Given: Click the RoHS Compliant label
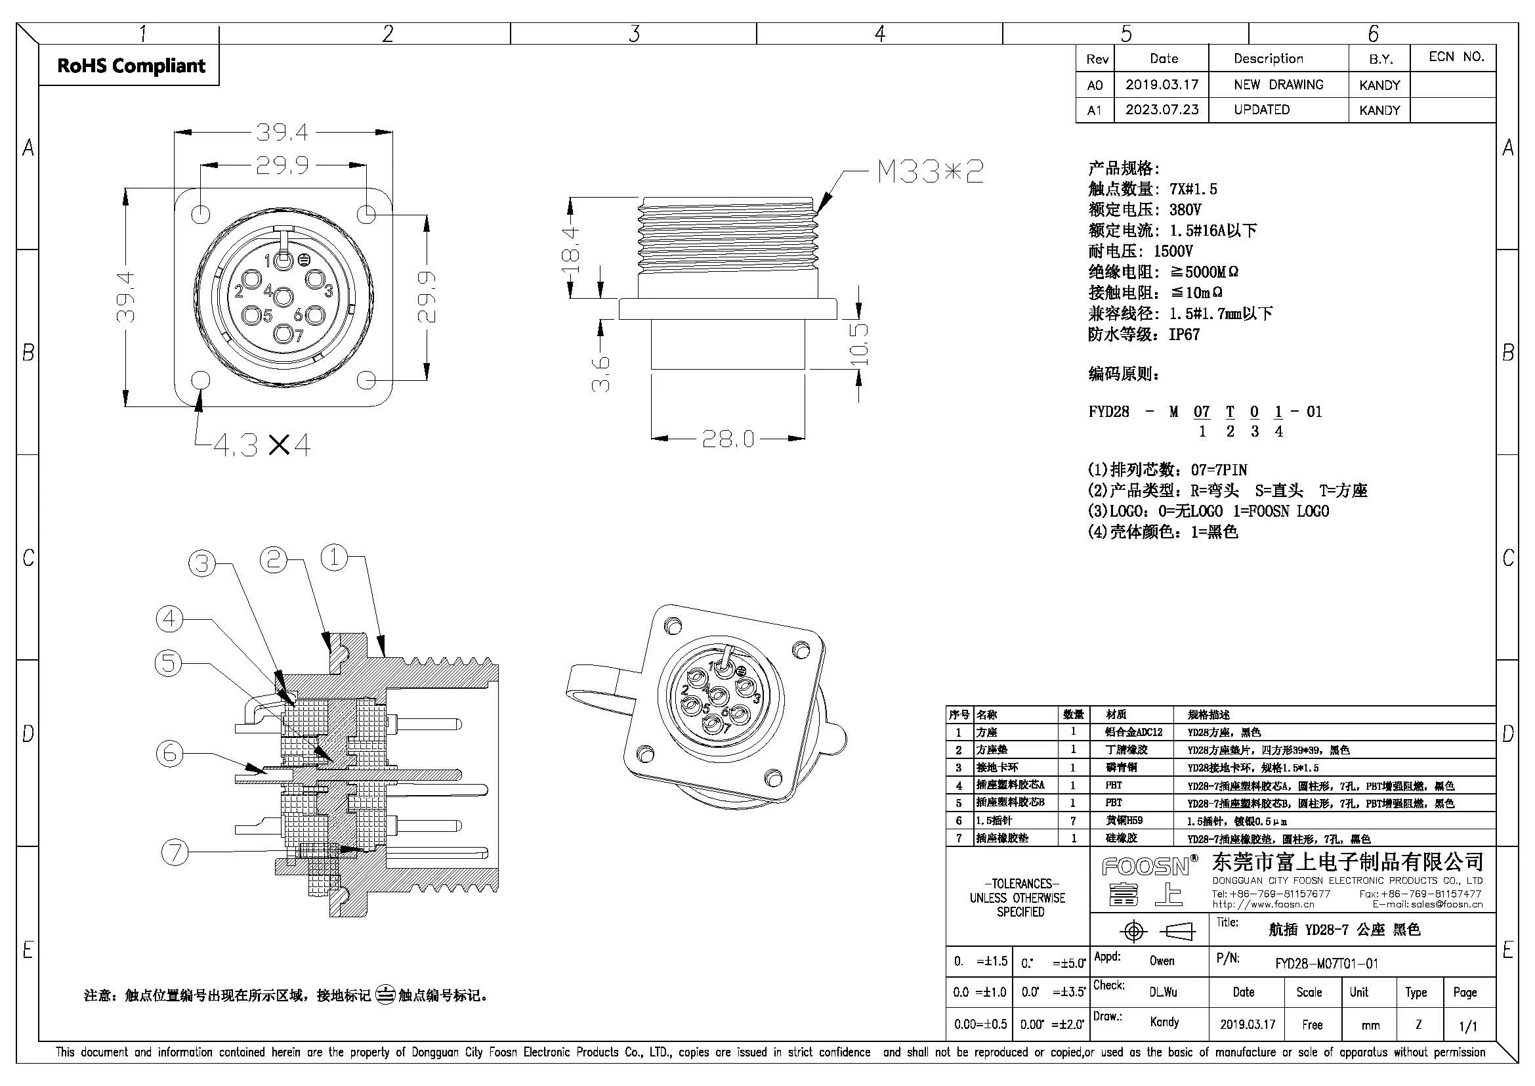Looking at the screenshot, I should click(x=131, y=66).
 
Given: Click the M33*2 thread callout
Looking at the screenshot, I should click(x=930, y=173).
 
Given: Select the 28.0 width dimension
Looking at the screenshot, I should click(x=728, y=439).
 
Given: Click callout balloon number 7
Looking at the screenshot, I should click(x=175, y=852).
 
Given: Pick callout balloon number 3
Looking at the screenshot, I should click(x=202, y=563).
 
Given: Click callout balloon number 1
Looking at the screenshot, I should click(x=334, y=557).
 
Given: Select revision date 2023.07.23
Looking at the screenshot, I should click(x=1162, y=110).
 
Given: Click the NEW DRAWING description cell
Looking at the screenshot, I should click(x=1278, y=85).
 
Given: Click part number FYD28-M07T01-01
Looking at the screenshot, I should click(x=1326, y=964).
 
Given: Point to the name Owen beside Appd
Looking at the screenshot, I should click(x=1162, y=961).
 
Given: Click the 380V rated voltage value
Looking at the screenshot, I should click(x=1185, y=209).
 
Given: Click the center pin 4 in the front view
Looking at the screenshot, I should click(x=284, y=297).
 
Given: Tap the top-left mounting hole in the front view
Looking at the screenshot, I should click(x=201, y=214).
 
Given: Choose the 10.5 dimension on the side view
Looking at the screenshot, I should click(x=860, y=345).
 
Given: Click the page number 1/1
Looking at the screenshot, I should click(x=1468, y=1026).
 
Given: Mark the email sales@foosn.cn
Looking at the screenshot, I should click(x=1447, y=905).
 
